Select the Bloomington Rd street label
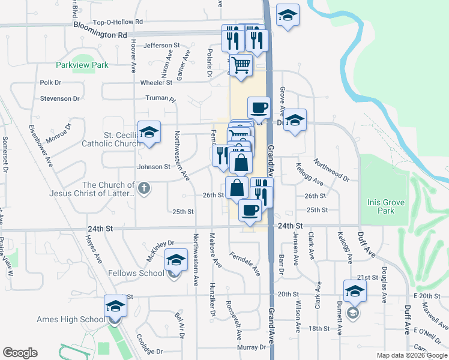(100, 32)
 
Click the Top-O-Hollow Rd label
(118, 22)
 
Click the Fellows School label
(136, 273)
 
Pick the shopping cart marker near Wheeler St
(241, 65)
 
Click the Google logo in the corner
(20, 353)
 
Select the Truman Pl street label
(160, 98)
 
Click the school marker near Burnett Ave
(354, 292)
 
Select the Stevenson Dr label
(60, 98)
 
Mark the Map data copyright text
(412, 355)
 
